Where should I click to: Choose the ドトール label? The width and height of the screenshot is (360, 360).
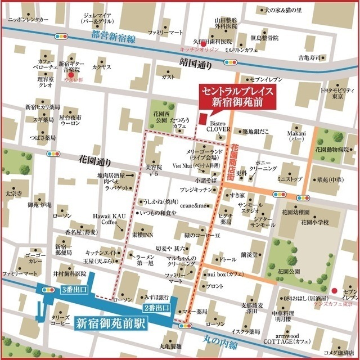[228, 259]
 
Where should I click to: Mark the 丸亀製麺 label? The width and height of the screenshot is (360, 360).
[170, 345]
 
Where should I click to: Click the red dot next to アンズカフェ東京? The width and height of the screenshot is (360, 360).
[335, 290]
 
